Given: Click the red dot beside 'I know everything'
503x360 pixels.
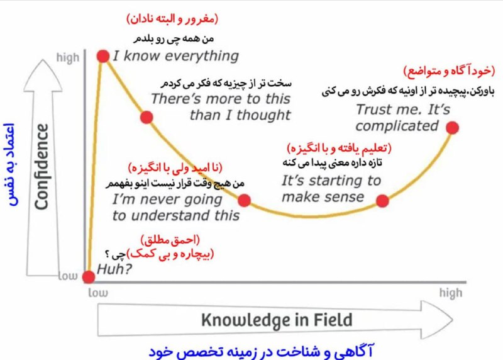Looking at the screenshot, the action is [103, 56].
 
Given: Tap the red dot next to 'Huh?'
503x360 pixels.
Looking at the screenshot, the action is [89, 277].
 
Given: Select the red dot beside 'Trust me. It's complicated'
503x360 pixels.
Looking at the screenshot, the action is [452, 128].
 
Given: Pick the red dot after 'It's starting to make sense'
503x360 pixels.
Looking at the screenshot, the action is [382, 201].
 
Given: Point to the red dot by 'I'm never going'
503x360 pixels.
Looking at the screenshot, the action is [244, 200].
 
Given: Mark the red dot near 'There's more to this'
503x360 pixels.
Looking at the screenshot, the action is [146, 117].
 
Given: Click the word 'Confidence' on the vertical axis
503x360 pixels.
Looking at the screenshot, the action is [41, 167].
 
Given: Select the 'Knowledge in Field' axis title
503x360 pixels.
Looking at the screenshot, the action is [277, 320].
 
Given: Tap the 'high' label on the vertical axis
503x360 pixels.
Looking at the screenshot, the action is [68, 58].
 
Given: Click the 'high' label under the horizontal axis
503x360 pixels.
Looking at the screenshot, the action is [451, 293].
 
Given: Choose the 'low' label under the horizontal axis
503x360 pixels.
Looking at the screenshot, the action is [98, 293].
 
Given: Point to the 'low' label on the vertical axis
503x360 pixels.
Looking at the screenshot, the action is [68, 276].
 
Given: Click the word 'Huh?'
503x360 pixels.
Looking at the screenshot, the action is [114, 269].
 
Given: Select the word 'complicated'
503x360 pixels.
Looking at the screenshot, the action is [397, 126].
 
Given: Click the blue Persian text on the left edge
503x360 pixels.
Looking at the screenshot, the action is [9, 164].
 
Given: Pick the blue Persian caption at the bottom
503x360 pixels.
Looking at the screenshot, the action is [261, 351].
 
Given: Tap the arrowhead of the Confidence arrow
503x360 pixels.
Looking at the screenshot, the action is [43, 76].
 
